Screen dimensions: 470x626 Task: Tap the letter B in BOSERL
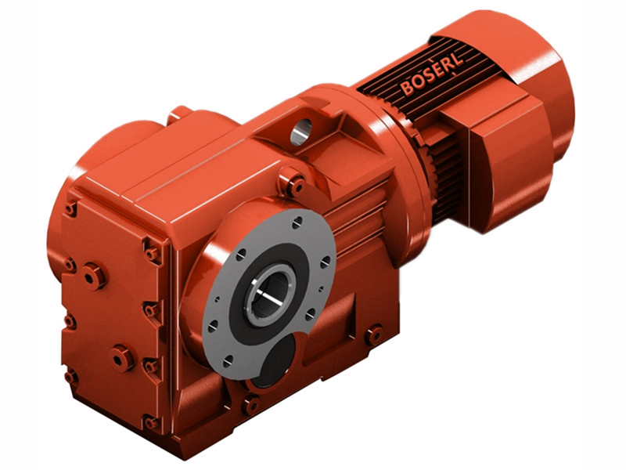[x=408, y=88]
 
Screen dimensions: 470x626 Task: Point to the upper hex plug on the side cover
[x=93, y=276]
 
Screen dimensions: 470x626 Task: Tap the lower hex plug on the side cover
[x=122, y=357]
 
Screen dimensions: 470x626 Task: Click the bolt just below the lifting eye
[x=295, y=186]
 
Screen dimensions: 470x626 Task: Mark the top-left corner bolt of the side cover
[x=71, y=208]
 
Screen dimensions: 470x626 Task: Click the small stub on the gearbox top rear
[x=181, y=114]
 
